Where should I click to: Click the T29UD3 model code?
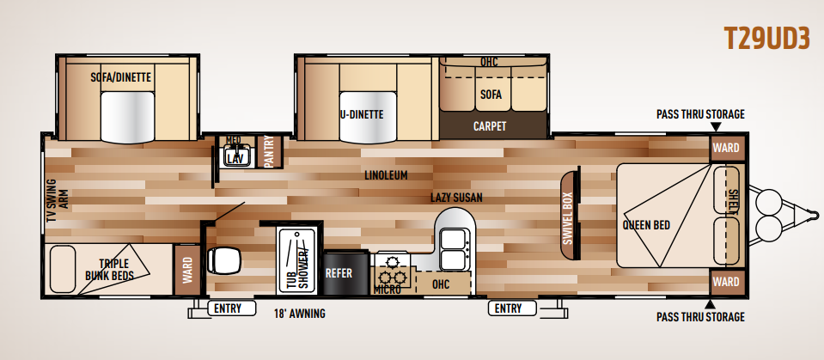(766, 39)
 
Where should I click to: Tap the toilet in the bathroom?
(224, 259)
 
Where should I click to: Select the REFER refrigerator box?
(345, 273)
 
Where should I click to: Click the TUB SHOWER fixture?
(297, 261)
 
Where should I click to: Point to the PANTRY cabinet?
(269, 151)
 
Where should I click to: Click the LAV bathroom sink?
(236, 156)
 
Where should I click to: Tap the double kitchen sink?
(453, 250)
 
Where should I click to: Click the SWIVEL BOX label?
(568, 215)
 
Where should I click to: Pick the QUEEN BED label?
(646, 225)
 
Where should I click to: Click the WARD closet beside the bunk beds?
(187, 270)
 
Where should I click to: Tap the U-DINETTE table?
(368, 117)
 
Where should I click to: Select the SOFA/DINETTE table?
(127, 117)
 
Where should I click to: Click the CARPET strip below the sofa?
(489, 126)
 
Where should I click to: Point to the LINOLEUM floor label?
(387, 175)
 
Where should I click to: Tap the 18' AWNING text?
(300, 314)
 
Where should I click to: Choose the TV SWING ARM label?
(58, 201)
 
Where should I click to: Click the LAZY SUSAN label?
(456, 198)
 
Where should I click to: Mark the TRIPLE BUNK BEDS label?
(109, 270)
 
